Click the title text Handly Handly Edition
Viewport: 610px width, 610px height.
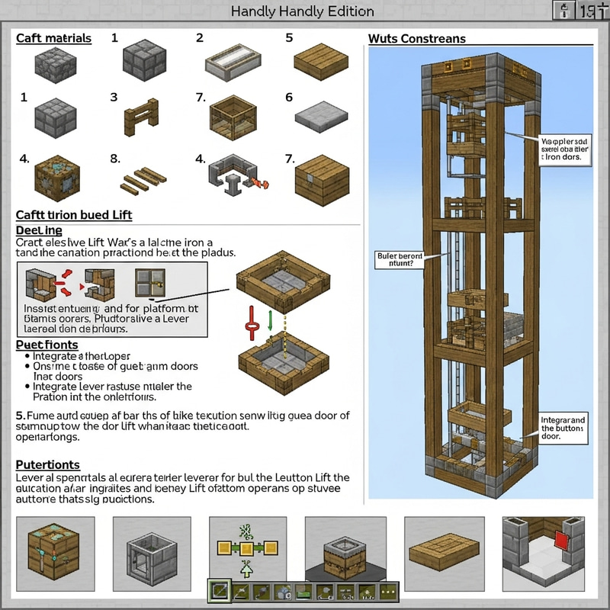coord(302,11)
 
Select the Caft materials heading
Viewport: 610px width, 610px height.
coord(54,38)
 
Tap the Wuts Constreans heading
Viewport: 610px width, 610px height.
coord(416,39)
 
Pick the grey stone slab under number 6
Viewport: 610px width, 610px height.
coord(320,117)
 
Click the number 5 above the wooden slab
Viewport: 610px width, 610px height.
coord(289,37)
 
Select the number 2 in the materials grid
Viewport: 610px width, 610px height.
coord(200,37)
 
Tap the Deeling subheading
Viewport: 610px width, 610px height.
coord(39,230)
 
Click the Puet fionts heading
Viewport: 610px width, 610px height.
coord(47,345)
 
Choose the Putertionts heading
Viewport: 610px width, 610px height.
coord(48,464)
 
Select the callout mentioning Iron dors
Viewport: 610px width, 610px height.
coord(563,150)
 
